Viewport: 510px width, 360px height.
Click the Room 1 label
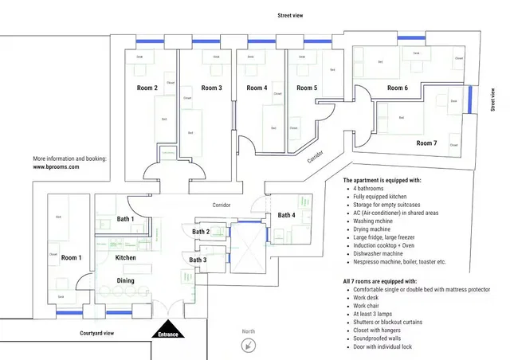pyautogui.click(x=71, y=257)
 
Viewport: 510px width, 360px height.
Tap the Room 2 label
pyautogui.click(x=144, y=88)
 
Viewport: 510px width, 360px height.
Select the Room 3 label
pyautogui.click(x=211, y=88)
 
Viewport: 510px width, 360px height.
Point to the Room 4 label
pyautogui.click(x=257, y=88)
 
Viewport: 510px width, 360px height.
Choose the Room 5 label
pyautogui.click(x=307, y=88)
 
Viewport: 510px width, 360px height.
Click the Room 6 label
pyautogui.click(x=398, y=88)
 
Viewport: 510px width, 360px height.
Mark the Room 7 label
pyautogui.click(x=426, y=143)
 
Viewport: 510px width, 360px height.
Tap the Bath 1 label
pyautogui.click(x=125, y=218)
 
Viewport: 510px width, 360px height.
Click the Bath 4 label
pyautogui.click(x=286, y=215)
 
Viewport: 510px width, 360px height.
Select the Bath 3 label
pyautogui.click(x=198, y=260)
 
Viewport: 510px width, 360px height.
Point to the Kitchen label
pyautogui.click(x=126, y=258)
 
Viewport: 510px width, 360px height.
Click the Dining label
pyautogui.click(x=125, y=280)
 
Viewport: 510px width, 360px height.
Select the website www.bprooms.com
pyautogui.click(x=61, y=167)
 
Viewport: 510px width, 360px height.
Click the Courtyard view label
pyautogui.click(x=98, y=333)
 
